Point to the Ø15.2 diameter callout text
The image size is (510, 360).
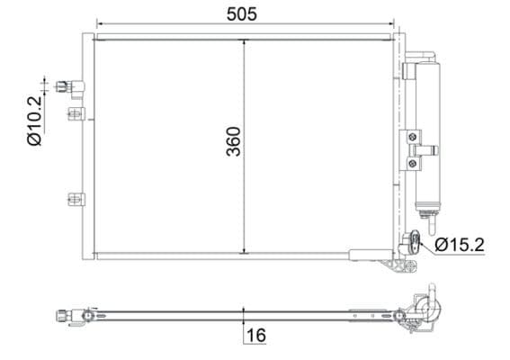coord(461,244)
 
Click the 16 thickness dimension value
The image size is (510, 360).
coord(256,336)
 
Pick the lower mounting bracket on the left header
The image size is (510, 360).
coord(76,200)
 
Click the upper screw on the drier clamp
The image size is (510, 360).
coord(413,137)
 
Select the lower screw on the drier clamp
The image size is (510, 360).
coord(413,162)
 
